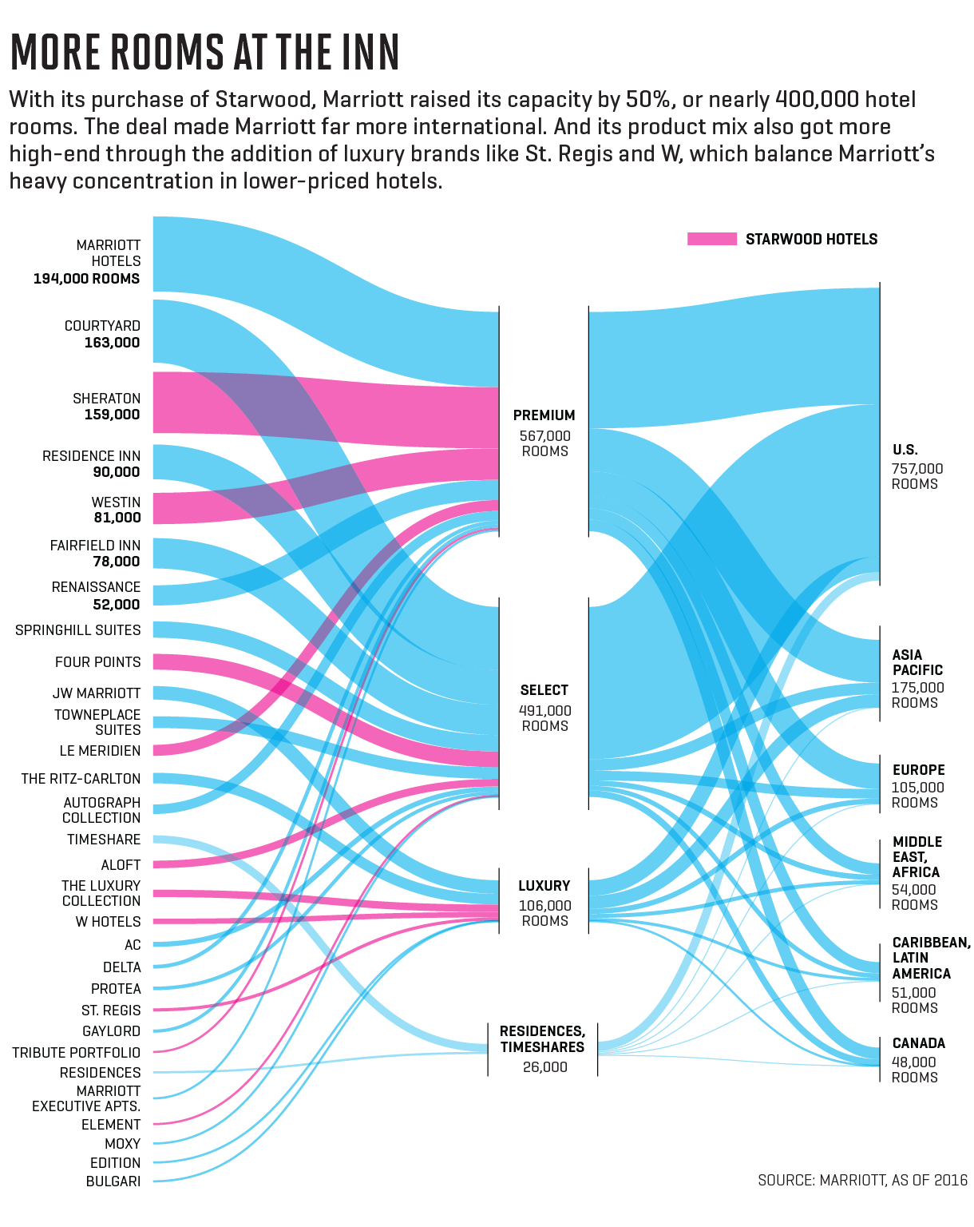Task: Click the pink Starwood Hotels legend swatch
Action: (x=711, y=239)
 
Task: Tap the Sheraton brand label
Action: (x=106, y=398)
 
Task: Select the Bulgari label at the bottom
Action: (x=113, y=1181)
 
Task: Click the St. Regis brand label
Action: (x=111, y=1011)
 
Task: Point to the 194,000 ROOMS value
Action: (x=86, y=279)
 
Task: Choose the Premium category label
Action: (x=544, y=415)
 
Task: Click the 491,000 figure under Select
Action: (x=544, y=710)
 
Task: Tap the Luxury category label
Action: (x=544, y=886)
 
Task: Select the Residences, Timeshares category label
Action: (x=542, y=1039)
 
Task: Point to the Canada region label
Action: (x=918, y=1043)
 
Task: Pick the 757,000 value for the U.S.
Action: (x=917, y=469)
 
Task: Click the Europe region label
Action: (x=918, y=770)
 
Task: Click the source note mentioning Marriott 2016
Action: (x=862, y=1180)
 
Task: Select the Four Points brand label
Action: (x=97, y=662)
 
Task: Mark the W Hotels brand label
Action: (x=108, y=922)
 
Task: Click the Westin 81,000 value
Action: (x=117, y=518)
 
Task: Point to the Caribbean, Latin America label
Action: (x=930, y=958)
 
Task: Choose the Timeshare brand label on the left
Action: (x=104, y=840)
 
